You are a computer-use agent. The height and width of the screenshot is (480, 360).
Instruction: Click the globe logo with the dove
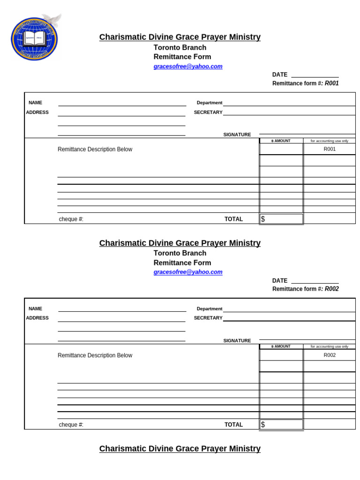pos(34,38)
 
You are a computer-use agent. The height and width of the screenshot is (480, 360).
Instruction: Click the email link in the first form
pos(188,67)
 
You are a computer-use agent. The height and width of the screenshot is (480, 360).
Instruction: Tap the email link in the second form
pos(188,272)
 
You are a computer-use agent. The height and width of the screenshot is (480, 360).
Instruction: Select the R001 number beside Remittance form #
pos(332,83)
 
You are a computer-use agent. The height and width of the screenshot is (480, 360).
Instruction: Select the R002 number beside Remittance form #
pos(332,289)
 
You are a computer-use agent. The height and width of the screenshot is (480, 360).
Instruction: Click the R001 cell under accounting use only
pos(330,150)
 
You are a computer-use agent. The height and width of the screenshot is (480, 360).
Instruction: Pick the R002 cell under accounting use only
pos(330,355)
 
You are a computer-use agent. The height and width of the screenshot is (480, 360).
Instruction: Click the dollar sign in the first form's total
pos(263,219)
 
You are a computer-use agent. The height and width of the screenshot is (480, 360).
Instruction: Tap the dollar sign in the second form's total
pos(263,425)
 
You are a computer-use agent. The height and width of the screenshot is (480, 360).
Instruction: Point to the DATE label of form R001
pos(280,75)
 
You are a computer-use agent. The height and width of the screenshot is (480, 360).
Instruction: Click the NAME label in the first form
pos(35,103)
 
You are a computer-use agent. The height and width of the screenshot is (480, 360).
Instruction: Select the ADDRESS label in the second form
pos(37,318)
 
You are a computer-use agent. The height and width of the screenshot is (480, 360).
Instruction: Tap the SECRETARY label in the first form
pos(208,112)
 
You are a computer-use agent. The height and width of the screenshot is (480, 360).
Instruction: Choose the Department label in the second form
pos(210,309)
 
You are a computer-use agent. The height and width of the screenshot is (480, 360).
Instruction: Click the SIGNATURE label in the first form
pos(237,135)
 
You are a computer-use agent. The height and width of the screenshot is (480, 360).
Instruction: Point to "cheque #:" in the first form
pos(71,219)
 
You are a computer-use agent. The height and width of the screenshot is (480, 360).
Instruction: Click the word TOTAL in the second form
pos(233,425)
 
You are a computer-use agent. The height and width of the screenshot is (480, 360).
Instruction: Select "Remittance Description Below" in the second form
pos(95,355)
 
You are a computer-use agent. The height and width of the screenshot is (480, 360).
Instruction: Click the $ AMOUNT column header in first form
pos(281,141)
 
